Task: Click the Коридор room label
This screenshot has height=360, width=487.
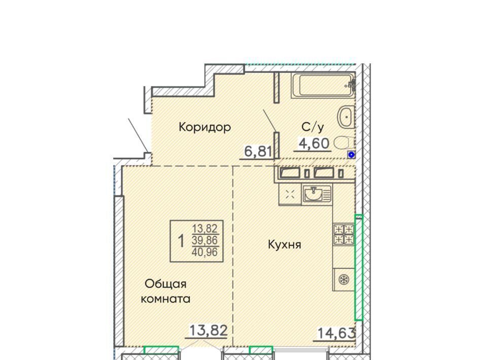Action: point(204,127)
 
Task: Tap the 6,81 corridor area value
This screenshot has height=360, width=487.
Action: point(258,152)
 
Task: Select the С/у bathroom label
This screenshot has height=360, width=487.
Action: point(313,127)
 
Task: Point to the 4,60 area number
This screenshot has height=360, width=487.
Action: point(314,143)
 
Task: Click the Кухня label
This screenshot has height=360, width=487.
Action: point(285,245)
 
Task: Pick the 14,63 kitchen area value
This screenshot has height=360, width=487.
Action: point(336,334)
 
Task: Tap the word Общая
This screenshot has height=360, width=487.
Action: point(165,283)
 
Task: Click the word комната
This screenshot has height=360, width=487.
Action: point(165,299)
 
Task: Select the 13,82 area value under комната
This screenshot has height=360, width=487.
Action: point(208,331)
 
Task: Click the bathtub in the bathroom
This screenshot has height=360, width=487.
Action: point(323,85)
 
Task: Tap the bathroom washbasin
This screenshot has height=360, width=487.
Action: point(346,117)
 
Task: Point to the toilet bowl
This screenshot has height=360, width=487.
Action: point(343,143)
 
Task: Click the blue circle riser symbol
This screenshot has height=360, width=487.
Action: point(351,155)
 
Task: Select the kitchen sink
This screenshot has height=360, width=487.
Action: point(317,194)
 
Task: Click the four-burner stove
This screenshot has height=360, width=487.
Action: point(344,234)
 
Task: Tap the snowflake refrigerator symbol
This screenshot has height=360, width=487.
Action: point(344,279)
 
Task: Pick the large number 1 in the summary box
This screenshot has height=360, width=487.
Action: point(181,241)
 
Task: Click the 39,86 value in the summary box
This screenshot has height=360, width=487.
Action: point(205,240)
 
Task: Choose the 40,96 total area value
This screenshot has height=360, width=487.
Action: point(205,251)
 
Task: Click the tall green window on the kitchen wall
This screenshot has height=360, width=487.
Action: point(359,267)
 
